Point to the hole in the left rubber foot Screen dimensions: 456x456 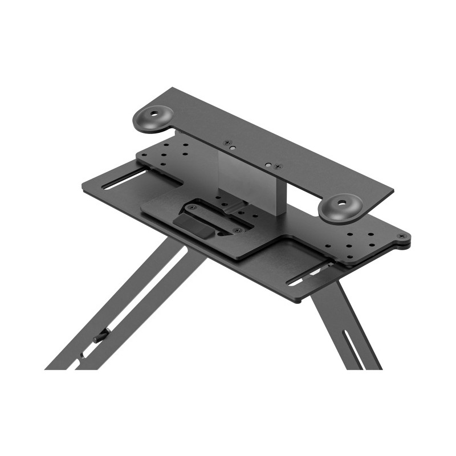tap(154, 113)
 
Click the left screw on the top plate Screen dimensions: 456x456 tap(227, 142)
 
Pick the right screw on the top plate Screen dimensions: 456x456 tap(277, 166)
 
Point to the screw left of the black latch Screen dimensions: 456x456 tap(193, 209)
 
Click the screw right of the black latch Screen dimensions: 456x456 tap(236, 229)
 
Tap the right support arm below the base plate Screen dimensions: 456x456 tap(342, 325)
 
